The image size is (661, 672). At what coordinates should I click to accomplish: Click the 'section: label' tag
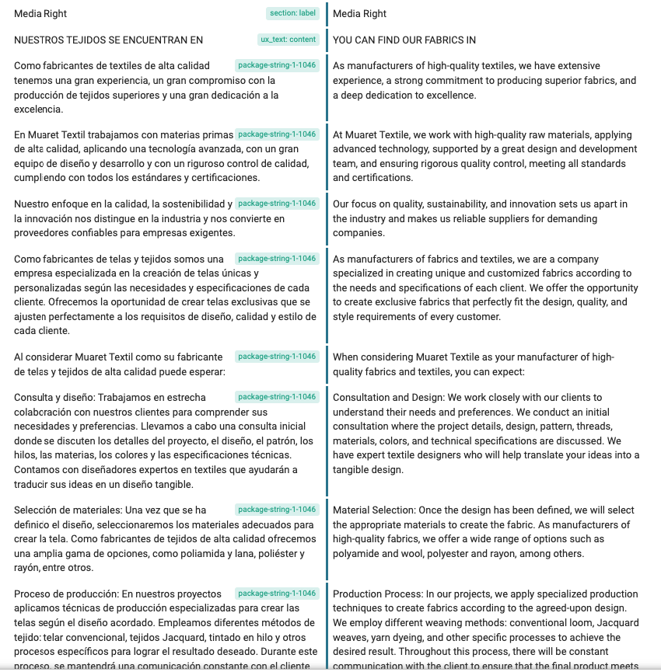pos(292,13)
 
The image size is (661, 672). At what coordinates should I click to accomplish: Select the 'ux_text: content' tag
pos(288,40)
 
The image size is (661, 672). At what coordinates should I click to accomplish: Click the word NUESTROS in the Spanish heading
pos(40,40)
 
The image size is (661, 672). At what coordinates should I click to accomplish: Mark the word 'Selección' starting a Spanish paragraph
pos(36,510)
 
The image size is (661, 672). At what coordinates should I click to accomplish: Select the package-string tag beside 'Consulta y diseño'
pos(277,397)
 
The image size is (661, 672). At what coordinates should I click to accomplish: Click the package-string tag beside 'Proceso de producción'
pos(277,594)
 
